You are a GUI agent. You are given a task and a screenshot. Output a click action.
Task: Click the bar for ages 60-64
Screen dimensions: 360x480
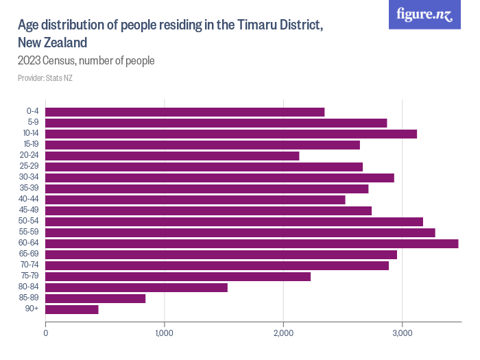(252, 243)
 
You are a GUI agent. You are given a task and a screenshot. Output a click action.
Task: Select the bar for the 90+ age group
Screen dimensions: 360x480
(72, 309)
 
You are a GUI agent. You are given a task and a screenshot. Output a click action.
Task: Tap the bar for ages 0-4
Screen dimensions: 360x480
(185, 112)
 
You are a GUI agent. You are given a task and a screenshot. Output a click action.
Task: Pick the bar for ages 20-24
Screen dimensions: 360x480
(172, 156)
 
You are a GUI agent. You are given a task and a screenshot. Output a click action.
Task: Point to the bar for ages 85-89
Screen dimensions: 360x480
(95, 298)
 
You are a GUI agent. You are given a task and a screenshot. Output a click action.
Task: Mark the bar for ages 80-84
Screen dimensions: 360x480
(136, 287)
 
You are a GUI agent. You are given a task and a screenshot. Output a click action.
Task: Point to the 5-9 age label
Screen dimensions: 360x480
(32, 123)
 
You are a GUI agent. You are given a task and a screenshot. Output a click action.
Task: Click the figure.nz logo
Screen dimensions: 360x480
(424, 14)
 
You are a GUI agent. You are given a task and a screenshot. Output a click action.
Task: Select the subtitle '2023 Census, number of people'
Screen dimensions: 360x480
(86, 60)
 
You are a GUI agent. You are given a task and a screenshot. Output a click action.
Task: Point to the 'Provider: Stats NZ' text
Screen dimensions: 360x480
(45, 78)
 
